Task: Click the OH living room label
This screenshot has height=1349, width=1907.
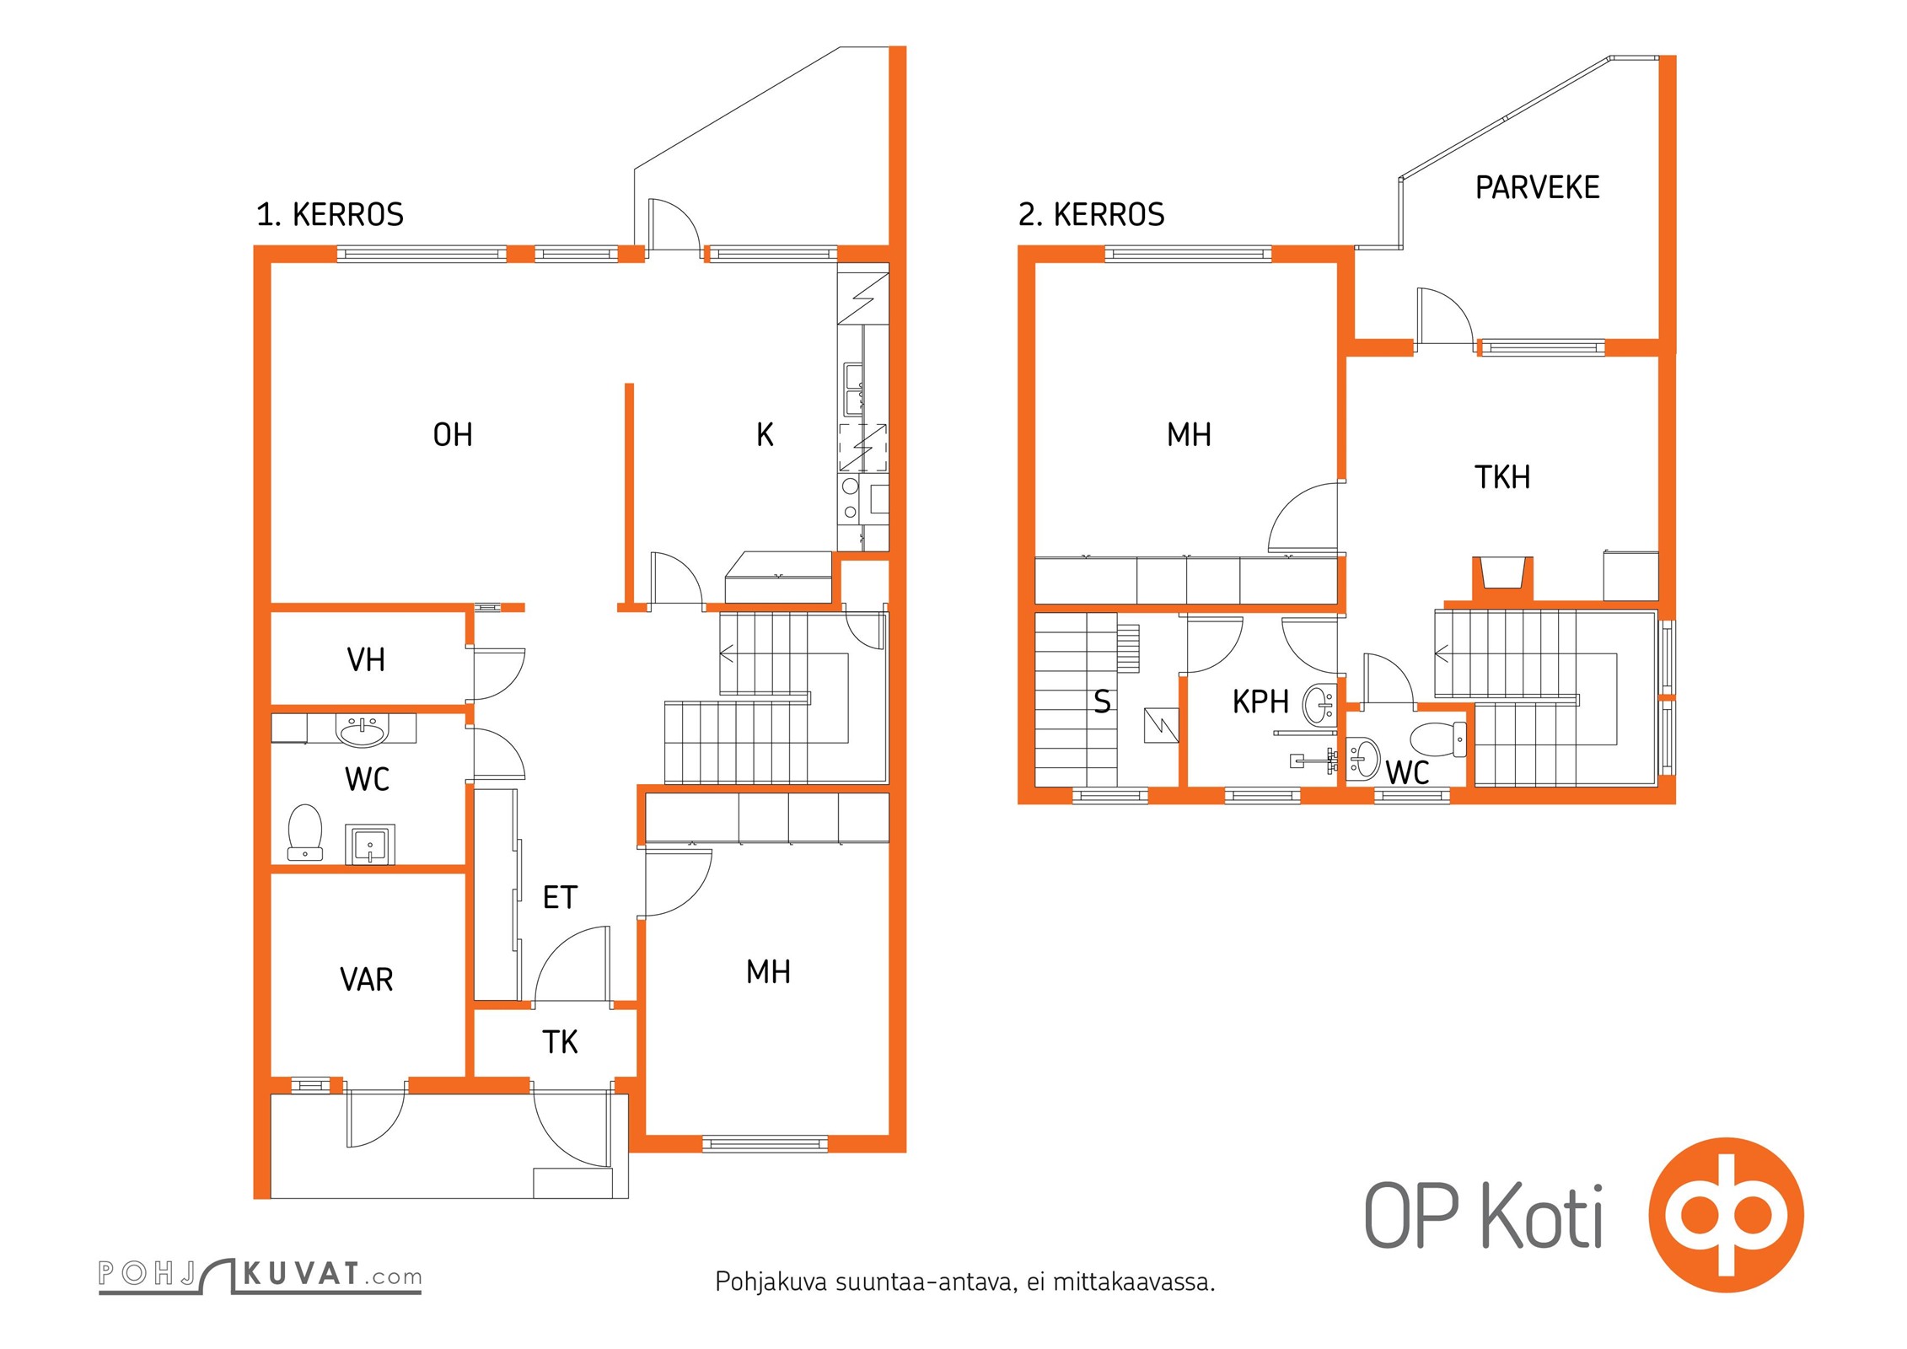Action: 453,435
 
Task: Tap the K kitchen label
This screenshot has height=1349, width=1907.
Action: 765,435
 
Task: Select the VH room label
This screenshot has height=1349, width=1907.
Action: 366,660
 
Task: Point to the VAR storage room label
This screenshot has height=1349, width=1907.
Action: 366,980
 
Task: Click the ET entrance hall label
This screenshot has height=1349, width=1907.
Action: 560,898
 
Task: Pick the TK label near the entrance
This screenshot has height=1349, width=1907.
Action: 560,1043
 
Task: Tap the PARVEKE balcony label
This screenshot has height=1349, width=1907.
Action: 1537,187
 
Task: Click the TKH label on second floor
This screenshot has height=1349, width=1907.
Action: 1501,477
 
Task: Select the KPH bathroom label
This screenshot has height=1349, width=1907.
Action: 1260,701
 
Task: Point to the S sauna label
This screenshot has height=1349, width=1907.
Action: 1102,701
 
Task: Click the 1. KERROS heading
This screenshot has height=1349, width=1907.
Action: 330,215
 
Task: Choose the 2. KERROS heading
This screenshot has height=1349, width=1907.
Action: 1091,215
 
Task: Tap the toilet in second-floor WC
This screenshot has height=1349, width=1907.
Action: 1438,739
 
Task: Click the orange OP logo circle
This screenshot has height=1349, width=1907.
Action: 1726,1215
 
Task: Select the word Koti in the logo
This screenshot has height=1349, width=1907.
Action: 1541,1217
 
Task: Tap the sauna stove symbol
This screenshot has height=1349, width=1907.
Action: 1160,725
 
